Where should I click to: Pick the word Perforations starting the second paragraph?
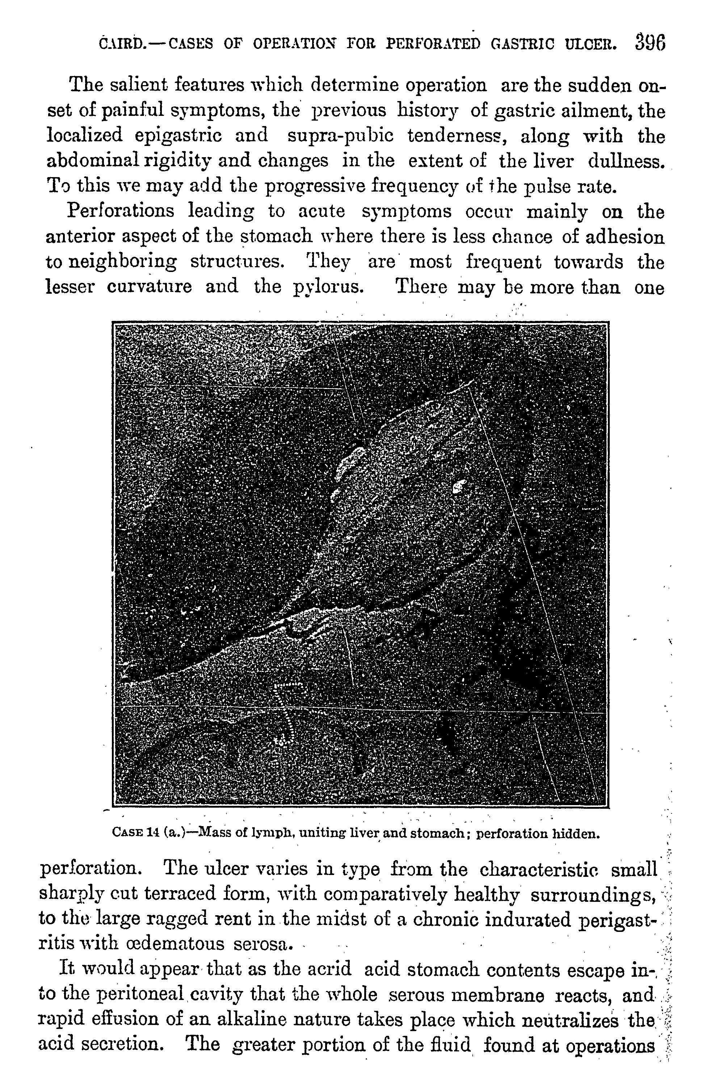(121, 211)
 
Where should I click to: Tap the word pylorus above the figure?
(326, 287)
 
